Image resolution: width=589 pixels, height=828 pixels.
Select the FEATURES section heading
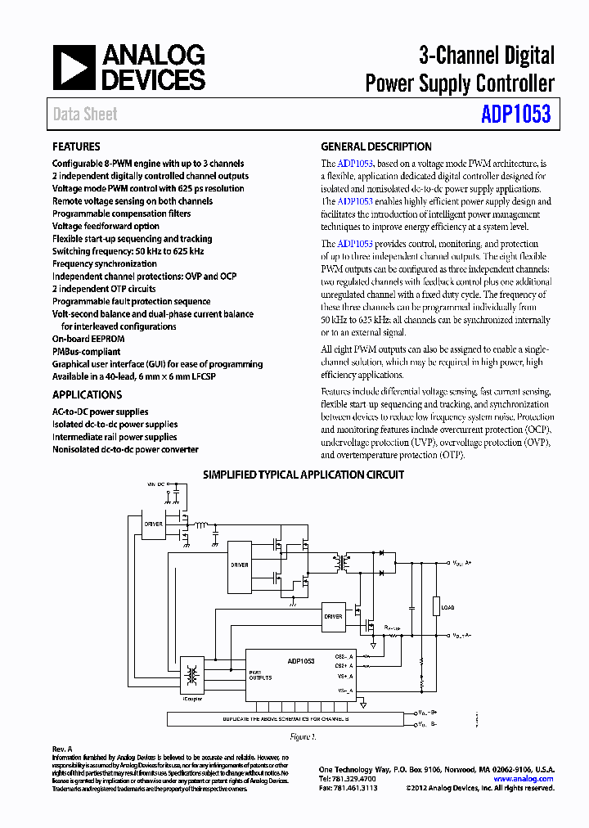click(x=76, y=147)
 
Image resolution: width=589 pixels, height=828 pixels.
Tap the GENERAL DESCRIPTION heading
click(x=375, y=147)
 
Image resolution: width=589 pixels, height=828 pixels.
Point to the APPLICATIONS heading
click(x=87, y=394)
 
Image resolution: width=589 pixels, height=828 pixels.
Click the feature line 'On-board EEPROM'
click(x=88, y=339)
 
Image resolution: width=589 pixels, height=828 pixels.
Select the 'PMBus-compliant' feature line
click(x=86, y=351)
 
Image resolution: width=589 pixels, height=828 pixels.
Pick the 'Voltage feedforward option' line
click(x=106, y=226)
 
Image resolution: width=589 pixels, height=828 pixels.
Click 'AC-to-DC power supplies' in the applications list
click(x=101, y=412)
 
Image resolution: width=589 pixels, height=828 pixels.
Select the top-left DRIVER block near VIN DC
click(x=153, y=524)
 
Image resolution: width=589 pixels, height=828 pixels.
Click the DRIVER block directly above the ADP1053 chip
click(x=332, y=616)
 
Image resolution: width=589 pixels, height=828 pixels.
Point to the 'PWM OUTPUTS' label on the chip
click(x=261, y=674)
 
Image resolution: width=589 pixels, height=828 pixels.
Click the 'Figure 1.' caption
click(x=303, y=736)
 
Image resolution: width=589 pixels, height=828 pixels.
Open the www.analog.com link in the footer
click(x=524, y=779)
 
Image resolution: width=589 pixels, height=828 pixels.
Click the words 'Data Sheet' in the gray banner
click(x=85, y=115)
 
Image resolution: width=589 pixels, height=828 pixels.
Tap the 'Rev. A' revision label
click(x=63, y=749)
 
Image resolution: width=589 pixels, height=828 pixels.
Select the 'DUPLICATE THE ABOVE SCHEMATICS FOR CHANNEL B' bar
click(x=286, y=718)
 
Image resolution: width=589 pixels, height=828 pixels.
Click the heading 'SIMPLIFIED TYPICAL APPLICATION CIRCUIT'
click(x=303, y=475)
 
